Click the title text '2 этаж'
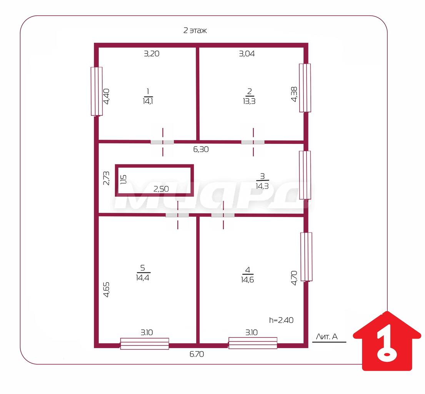coord(195,30)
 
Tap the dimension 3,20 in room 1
coord(152,54)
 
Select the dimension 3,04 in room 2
coord(247,54)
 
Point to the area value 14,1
coord(148,101)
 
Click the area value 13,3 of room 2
coord(249,101)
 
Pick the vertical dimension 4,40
coord(106,96)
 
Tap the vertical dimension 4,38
coord(294,94)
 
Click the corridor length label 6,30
coord(201,149)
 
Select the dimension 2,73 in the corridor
coord(107,178)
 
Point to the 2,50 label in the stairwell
coord(161,189)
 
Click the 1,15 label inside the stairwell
coord(123,180)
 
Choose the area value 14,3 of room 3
coord(262,186)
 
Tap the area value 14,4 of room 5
coord(143,278)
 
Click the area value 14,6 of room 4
coord(247,280)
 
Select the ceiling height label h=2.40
coord(281,320)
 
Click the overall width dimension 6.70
coord(197,354)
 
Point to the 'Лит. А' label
coord(327,337)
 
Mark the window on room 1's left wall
coord(97,92)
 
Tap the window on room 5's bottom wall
coord(145,344)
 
